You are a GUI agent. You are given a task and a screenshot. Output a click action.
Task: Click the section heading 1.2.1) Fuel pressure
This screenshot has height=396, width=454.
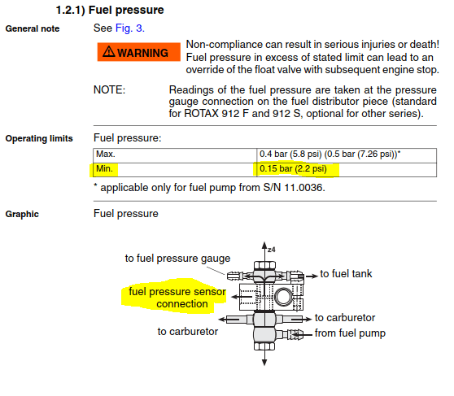pos(110,10)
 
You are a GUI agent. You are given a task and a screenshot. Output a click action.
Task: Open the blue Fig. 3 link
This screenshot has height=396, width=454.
pos(129,28)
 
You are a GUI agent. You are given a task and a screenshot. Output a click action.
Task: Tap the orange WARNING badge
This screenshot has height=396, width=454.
pos(138,52)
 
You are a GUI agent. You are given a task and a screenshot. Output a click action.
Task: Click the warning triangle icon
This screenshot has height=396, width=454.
pos(109,51)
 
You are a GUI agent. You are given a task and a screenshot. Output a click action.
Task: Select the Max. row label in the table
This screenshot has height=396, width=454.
pos(106,154)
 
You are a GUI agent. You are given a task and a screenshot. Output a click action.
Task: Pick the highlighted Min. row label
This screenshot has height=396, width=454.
pos(104,168)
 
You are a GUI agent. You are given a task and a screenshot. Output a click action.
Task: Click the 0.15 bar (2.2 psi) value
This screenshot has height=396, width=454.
pos(293,168)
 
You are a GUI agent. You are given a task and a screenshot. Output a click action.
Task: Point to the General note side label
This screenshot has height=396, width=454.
pos(33,28)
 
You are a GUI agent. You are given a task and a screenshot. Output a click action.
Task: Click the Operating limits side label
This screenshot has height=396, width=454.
pos(39,138)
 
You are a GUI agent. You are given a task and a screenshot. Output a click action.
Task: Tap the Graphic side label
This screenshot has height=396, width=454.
pos(22,214)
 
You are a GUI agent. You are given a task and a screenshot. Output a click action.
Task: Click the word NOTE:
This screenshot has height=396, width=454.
pos(110,89)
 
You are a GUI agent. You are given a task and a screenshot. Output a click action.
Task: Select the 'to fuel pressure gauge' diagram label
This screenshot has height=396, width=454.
pos(177,259)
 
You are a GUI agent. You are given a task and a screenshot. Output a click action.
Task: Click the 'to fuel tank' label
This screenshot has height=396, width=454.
pos(346,273)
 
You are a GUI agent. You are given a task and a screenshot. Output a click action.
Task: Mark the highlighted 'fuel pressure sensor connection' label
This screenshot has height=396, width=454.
pos(177,298)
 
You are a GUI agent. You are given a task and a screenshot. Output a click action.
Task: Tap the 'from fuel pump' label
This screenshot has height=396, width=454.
pos(350,333)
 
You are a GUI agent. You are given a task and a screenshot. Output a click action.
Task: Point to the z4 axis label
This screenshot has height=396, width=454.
pos(272,250)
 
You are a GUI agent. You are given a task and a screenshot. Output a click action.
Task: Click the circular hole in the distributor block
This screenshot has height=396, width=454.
pos(284,298)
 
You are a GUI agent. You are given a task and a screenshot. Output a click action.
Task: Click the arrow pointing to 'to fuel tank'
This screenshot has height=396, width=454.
pos(311,276)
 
